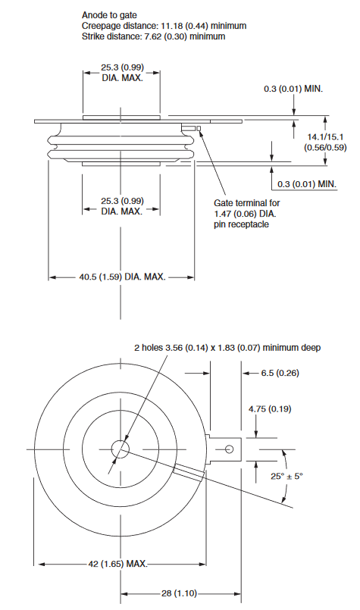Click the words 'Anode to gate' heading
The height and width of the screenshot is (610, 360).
109,14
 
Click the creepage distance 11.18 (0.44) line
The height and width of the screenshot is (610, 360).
163,25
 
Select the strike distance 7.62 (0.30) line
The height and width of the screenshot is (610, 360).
153,36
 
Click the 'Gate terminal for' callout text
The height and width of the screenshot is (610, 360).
248,202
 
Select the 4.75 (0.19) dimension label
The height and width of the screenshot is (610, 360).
271,409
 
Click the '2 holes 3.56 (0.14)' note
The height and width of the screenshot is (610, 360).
227,347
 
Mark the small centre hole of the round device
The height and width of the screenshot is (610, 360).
121,449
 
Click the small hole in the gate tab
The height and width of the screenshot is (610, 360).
226,449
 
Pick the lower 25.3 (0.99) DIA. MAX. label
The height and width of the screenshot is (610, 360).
122,205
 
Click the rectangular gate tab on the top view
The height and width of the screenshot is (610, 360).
224,449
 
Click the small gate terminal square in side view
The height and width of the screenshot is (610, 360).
199,127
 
